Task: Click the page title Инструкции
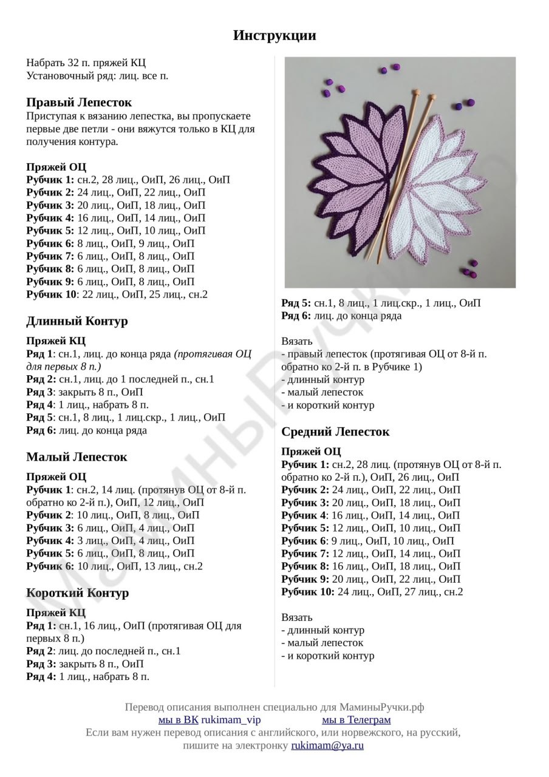point(274,36)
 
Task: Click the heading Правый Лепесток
point(79,102)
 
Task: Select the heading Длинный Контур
point(77,321)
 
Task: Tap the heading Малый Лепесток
point(77,457)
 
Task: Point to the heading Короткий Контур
point(78,593)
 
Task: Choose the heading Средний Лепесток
point(335,432)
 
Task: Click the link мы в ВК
point(178,720)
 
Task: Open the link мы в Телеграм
point(356,720)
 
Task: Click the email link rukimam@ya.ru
point(327,745)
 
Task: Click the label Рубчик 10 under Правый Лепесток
point(52,294)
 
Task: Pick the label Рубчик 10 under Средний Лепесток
point(307,592)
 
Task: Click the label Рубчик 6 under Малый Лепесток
point(50,566)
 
